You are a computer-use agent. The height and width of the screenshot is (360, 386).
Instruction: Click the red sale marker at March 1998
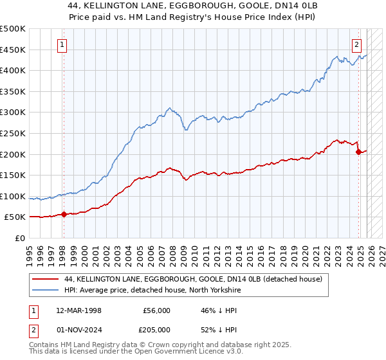(64, 215)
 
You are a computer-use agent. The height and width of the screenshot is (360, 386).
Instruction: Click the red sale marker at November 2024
(358, 152)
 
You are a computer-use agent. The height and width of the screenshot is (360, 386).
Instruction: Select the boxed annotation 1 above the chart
(63, 44)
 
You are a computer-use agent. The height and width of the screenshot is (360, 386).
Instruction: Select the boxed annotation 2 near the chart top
(356, 44)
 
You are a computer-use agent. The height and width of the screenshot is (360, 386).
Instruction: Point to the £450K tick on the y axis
(13, 50)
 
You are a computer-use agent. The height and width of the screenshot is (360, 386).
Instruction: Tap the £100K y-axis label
(13, 196)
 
